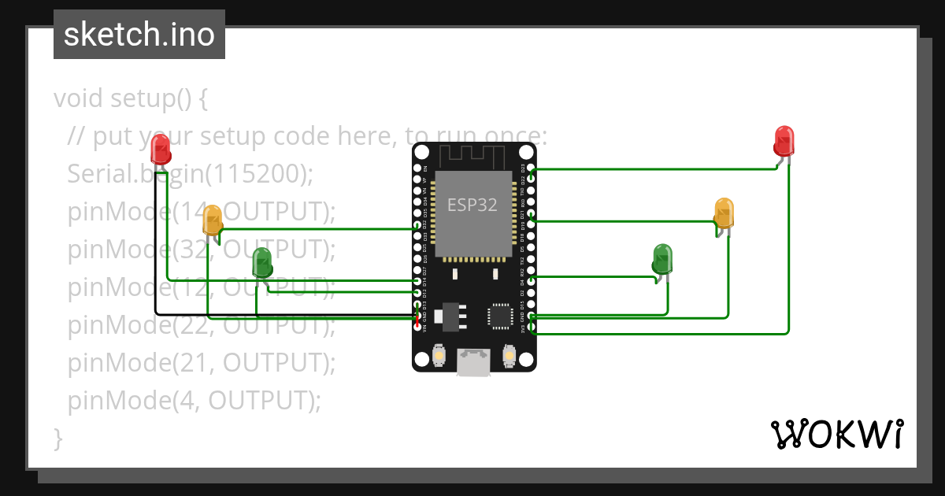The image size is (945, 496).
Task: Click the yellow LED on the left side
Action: pyautogui.click(x=213, y=220)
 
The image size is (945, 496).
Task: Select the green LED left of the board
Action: pyautogui.click(x=261, y=262)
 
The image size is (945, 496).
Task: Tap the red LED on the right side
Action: pyautogui.click(x=784, y=141)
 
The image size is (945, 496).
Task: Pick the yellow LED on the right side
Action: pyautogui.click(x=724, y=213)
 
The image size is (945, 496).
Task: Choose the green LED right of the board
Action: pyautogui.click(x=663, y=258)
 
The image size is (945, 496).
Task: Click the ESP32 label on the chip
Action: pyautogui.click(x=472, y=205)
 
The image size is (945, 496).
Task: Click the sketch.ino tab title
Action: pyautogui.click(x=139, y=35)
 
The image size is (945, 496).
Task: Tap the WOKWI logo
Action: pyautogui.click(x=836, y=434)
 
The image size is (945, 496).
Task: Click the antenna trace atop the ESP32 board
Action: pyautogui.click(x=472, y=155)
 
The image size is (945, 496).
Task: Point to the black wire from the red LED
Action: pyautogui.click(x=155, y=252)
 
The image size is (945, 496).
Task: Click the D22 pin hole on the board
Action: pyautogui.click(x=532, y=179)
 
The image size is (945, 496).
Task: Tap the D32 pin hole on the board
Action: pyautogui.click(x=417, y=225)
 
